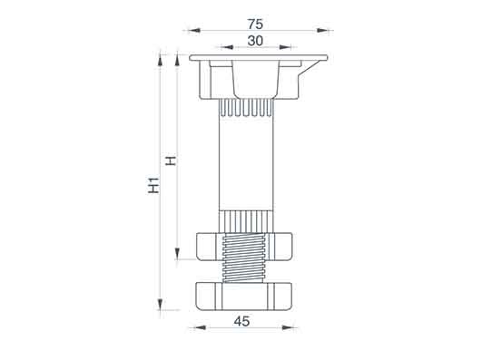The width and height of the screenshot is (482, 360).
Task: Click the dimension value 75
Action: coord(255,24)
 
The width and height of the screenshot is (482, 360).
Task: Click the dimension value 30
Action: coord(255,41)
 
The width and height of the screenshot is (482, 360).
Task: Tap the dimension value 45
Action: coord(242,322)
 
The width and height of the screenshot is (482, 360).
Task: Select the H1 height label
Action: coord(153,185)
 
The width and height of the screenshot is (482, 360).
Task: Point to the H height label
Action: coord(171,161)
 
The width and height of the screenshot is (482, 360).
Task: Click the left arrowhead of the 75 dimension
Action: coord(193,31)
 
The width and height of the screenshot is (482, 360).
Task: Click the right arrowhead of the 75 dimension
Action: coord(323,31)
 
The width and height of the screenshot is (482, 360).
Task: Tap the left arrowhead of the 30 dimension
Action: coord(227,47)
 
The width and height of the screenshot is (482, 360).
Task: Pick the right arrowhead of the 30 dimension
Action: coord(285,47)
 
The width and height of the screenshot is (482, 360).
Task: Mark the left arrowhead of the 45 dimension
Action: coord(200,327)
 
